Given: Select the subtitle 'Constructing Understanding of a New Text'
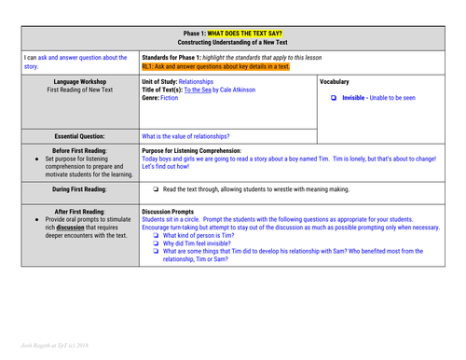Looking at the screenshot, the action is (x=233, y=44).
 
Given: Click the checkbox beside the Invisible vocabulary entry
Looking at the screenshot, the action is (x=335, y=98).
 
